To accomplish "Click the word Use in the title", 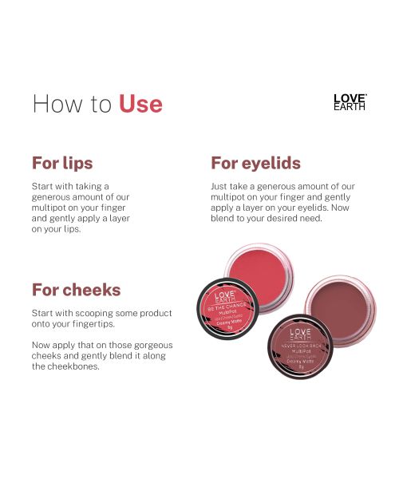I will (140, 104).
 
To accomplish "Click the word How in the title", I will (55, 104).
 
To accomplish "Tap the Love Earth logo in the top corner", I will (349, 102).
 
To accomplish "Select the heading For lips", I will (62, 163).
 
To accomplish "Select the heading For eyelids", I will (255, 163).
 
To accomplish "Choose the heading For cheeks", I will (76, 289).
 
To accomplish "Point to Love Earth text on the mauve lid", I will (300, 334).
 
